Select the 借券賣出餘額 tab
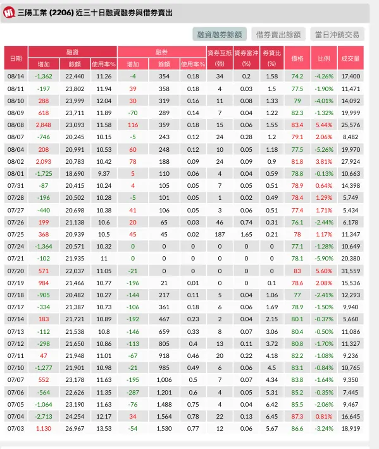pyautogui.click(x=278, y=34)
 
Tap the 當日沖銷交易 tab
pyautogui.click(x=337, y=34)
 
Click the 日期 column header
pyautogui.click(x=16, y=58)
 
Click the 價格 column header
pyautogui.click(x=297, y=58)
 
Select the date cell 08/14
pyautogui.click(x=16, y=77)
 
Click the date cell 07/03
pyautogui.click(x=16, y=428)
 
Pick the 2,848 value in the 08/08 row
pyautogui.click(x=43, y=125)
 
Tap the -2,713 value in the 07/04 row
pyautogui.click(x=43, y=416)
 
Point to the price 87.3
pyautogui.click(x=297, y=416)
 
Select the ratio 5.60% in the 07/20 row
pyautogui.click(x=324, y=271)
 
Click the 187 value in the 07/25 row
pyautogui.click(x=220, y=234)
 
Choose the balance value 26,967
pyautogui.click(x=74, y=428)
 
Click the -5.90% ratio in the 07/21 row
pyautogui.click(x=324, y=259)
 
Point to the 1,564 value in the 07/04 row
pyautogui.click(x=164, y=416)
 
